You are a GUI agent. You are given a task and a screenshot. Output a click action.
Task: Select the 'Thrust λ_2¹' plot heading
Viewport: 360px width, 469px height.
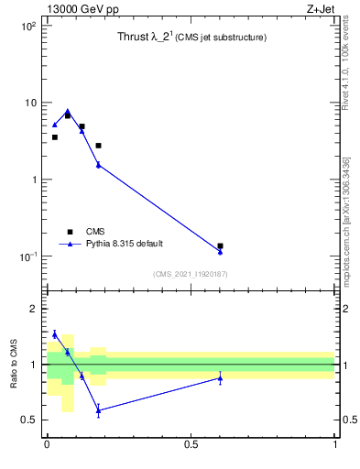click(191, 38)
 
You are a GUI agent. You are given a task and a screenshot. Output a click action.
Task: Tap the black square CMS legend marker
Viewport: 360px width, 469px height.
click(70, 232)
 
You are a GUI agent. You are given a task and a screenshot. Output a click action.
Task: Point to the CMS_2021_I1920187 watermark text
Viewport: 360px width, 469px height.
click(190, 274)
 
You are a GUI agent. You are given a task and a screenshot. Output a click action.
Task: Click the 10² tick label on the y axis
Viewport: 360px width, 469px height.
click(27, 27)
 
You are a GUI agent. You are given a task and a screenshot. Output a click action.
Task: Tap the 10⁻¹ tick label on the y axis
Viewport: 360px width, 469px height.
click(27, 256)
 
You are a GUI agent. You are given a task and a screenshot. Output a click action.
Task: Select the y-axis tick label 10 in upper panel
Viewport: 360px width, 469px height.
click(30, 103)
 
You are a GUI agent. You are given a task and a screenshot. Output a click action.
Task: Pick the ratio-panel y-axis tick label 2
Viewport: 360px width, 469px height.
click(33, 309)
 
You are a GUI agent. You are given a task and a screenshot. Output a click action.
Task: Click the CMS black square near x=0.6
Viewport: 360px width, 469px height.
click(220, 245)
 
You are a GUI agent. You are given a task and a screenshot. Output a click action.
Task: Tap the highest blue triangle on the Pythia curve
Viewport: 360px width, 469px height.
click(68, 111)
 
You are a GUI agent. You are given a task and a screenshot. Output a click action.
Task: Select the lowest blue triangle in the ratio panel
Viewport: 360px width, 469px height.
click(98, 410)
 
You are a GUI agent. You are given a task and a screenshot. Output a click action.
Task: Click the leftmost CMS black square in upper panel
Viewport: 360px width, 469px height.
click(55, 137)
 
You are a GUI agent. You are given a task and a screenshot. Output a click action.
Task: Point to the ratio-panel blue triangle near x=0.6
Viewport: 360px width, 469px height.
click(220, 377)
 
